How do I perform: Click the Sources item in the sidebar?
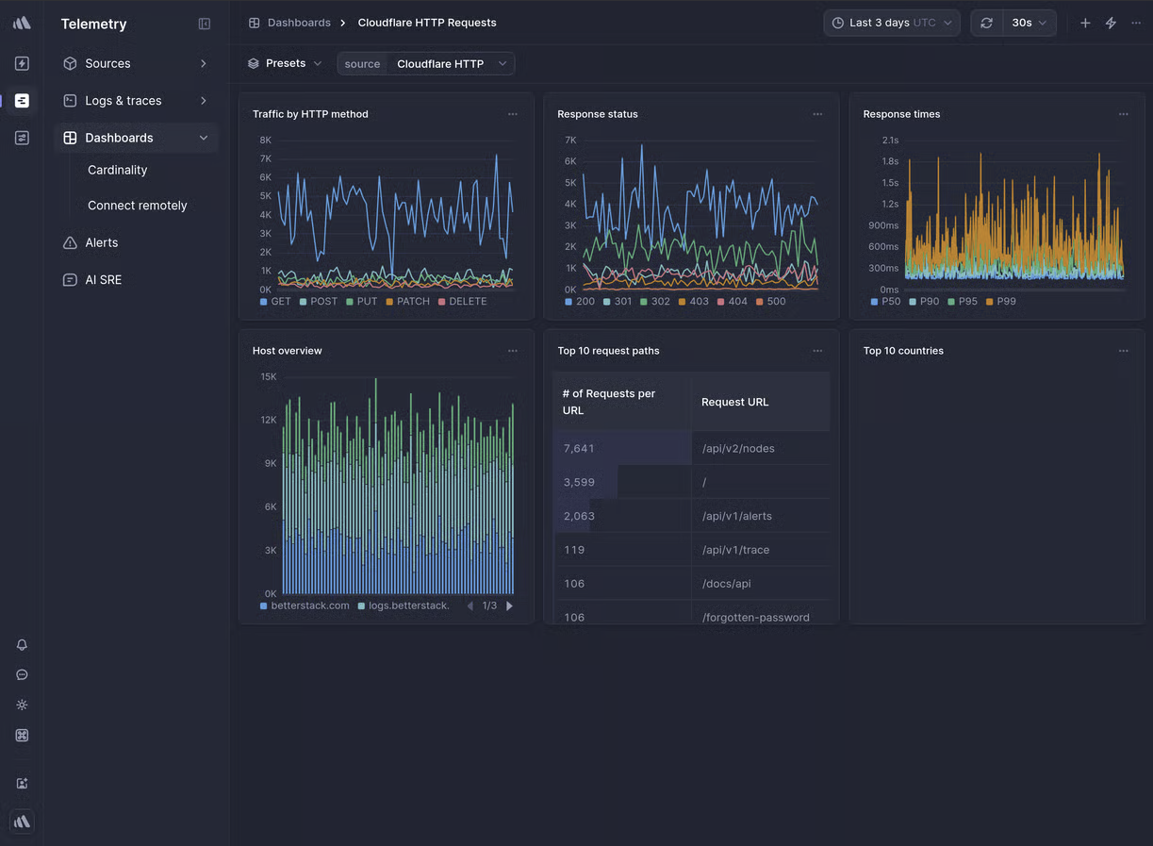(x=107, y=63)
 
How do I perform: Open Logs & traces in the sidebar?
(x=123, y=101)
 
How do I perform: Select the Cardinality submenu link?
(x=117, y=170)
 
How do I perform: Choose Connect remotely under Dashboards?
(x=137, y=206)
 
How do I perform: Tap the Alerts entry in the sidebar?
(x=102, y=242)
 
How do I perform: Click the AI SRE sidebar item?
(x=103, y=280)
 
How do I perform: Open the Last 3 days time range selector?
(x=891, y=23)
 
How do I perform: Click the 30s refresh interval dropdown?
(x=1029, y=23)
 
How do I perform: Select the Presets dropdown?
(x=285, y=63)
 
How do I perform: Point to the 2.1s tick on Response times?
(x=889, y=141)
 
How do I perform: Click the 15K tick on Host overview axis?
(x=268, y=377)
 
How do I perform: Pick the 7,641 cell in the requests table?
(x=579, y=449)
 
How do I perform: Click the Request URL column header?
(x=734, y=402)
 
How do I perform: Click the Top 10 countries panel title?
(x=902, y=351)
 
